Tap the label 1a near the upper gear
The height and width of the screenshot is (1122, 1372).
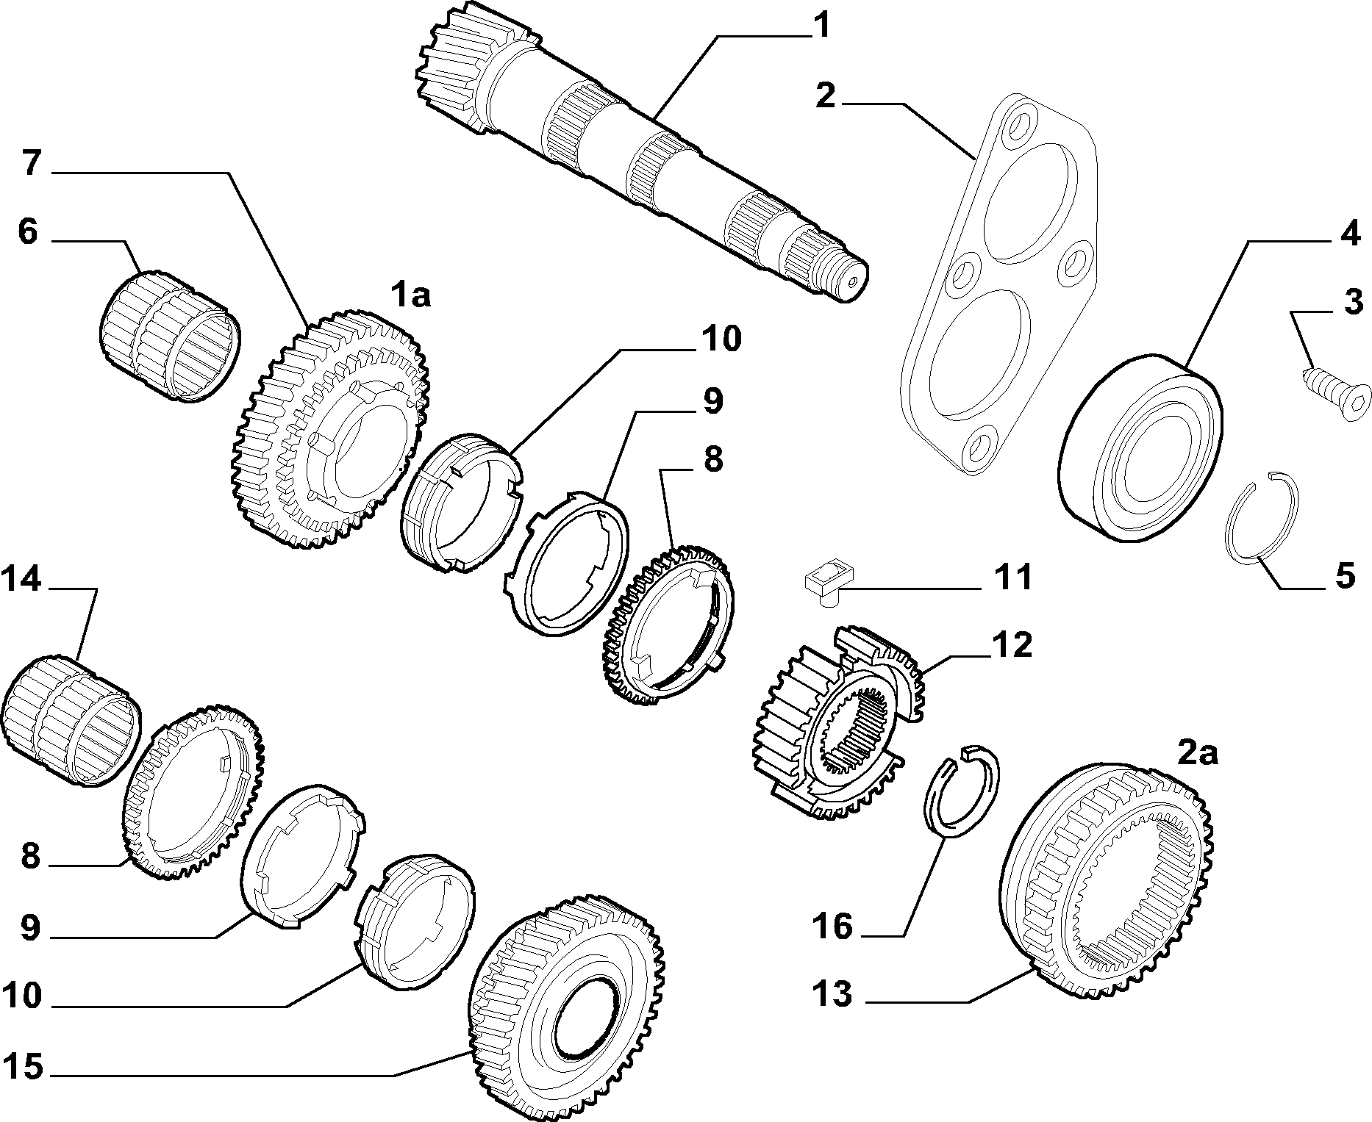[x=410, y=295]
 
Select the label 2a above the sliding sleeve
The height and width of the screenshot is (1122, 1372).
[x=1198, y=753]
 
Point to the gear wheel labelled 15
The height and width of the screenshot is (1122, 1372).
[x=566, y=1004]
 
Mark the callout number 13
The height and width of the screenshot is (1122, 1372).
[x=832, y=995]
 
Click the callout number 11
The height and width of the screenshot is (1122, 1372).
[x=1012, y=578]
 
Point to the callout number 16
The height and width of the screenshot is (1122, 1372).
[x=832, y=927]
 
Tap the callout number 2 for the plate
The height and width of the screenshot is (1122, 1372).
[x=825, y=96]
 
